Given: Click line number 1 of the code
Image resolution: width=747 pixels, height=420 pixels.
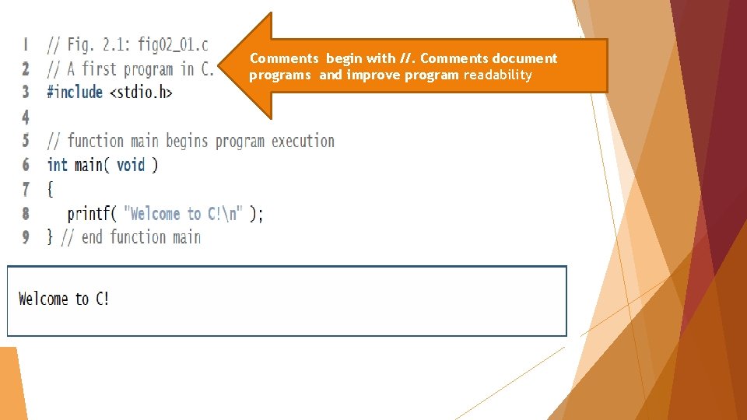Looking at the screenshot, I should click(x=26, y=44).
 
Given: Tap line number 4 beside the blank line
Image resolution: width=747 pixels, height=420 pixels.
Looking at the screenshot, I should click(x=26, y=117).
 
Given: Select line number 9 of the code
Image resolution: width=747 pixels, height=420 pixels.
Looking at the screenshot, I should click(x=26, y=237).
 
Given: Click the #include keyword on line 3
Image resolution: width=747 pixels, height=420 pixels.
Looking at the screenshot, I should click(x=75, y=92).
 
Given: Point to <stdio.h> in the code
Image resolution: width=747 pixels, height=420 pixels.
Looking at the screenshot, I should click(x=141, y=92).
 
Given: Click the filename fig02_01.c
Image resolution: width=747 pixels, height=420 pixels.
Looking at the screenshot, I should click(x=173, y=44).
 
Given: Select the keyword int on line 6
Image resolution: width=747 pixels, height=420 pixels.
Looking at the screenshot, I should click(x=57, y=165).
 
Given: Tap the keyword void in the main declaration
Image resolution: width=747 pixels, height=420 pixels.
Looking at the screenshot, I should click(x=131, y=165).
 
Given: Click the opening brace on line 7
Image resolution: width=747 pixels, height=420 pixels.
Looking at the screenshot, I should click(x=50, y=189).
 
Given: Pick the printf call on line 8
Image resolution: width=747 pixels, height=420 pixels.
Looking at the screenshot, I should click(x=92, y=214).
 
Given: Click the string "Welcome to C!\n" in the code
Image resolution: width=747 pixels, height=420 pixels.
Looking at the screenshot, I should click(x=184, y=214).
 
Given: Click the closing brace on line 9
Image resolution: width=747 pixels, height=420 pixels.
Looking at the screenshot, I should click(x=50, y=237).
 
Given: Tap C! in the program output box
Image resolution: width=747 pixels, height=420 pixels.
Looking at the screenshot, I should click(x=102, y=299).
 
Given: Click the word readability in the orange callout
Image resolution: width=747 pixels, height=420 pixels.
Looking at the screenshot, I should click(x=498, y=75).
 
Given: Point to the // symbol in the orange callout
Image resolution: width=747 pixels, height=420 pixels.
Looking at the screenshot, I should click(x=406, y=58).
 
